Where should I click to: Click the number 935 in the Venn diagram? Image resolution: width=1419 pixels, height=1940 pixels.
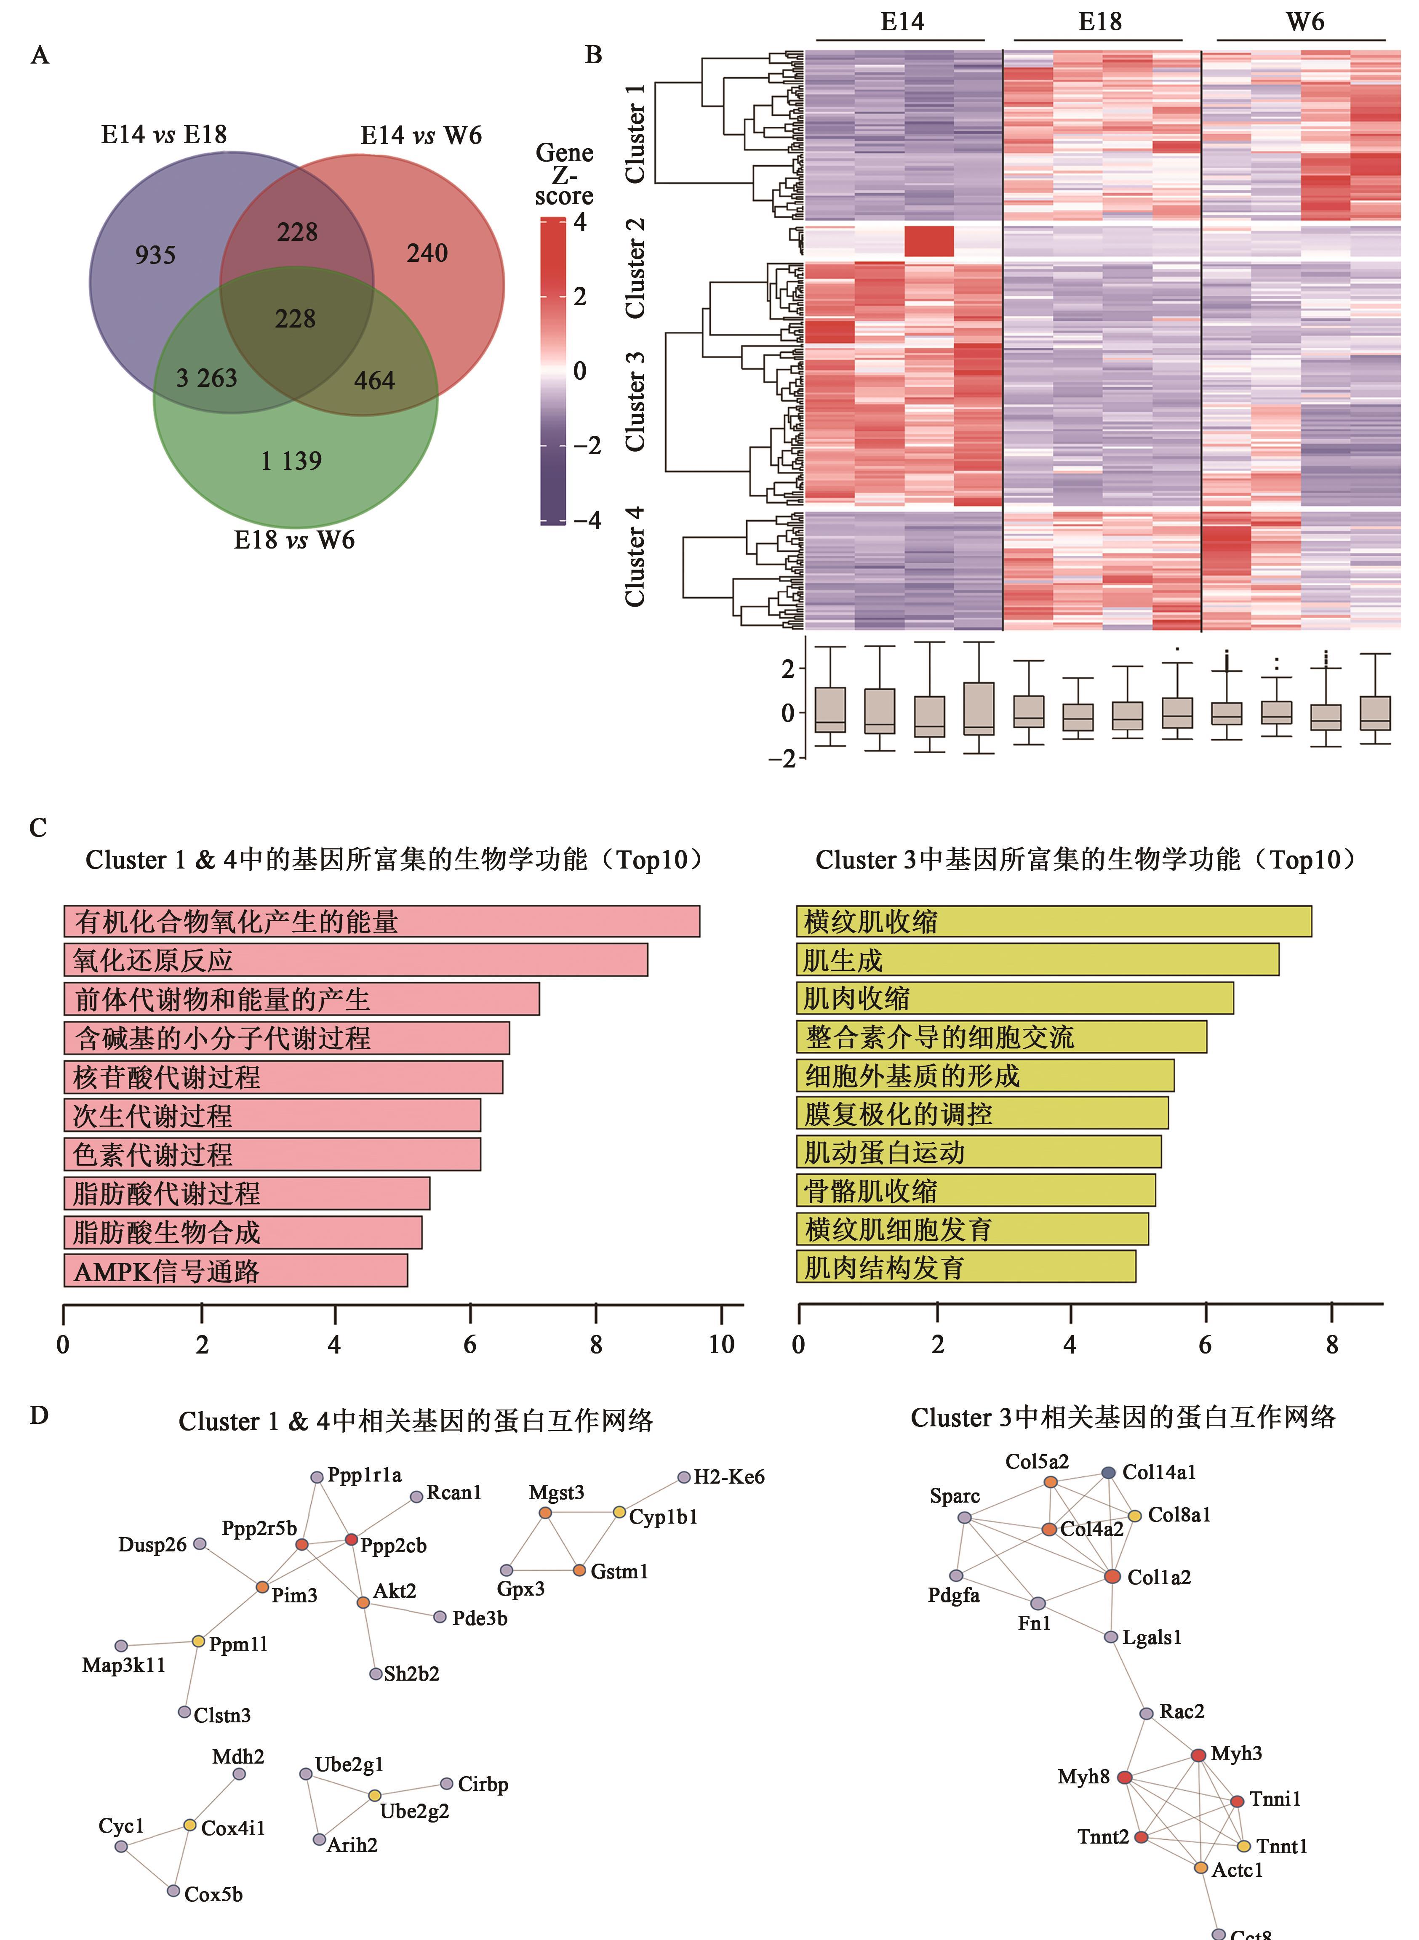click(x=155, y=255)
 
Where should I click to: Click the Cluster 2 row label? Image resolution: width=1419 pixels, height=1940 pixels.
click(x=635, y=268)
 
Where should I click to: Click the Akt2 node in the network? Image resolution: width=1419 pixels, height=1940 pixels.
click(x=363, y=1602)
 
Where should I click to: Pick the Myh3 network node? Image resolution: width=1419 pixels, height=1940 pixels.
click(x=1198, y=1754)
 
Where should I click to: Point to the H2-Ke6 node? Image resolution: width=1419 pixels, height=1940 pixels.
click(x=684, y=1477)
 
